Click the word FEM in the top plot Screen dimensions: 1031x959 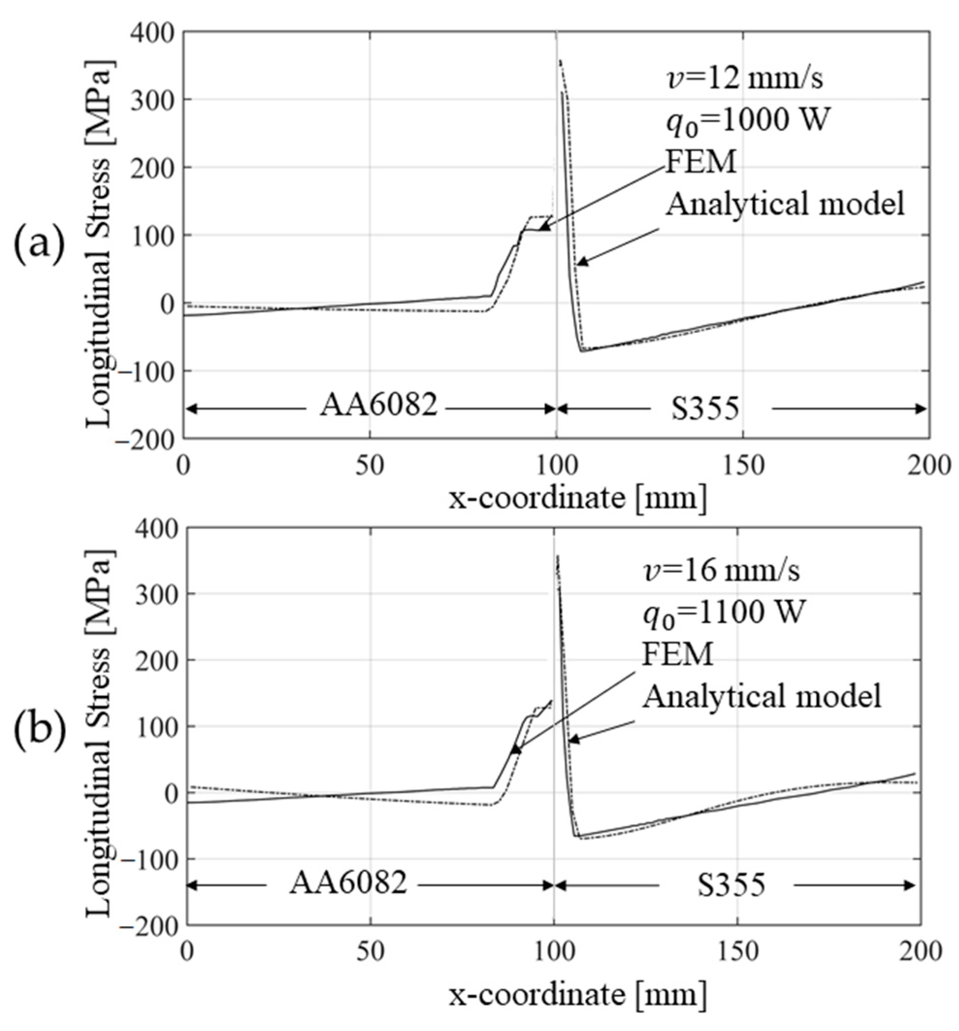[700, 162]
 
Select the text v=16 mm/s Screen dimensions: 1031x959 [721, 571]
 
